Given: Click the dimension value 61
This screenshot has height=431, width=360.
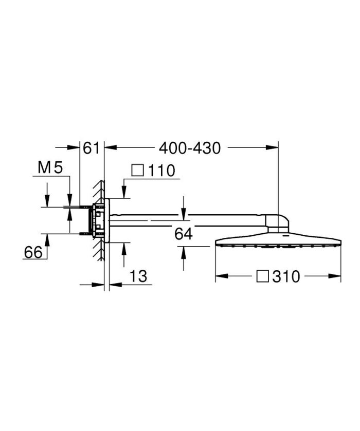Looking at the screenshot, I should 91,148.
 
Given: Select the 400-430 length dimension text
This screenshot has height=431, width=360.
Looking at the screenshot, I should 190,148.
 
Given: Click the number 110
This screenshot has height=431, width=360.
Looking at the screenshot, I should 160,171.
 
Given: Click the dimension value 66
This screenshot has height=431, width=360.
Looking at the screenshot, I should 32,252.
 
